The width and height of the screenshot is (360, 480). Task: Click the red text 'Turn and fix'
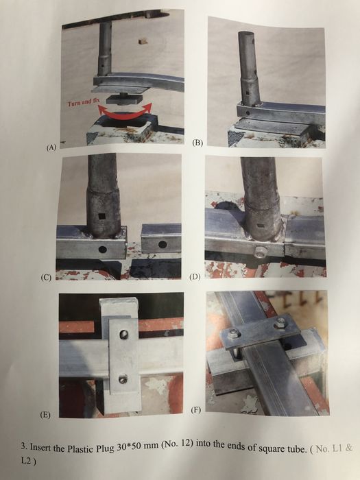click(84, 102)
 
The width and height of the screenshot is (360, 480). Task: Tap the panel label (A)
click(51, 147)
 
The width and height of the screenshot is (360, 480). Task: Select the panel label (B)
click(197, 143)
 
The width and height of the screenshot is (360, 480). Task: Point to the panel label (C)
click(46, 277)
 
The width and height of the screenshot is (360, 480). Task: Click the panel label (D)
click(195, 277)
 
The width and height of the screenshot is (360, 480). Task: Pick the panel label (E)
click(45, 415)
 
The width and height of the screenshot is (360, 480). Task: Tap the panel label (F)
click(195, 410)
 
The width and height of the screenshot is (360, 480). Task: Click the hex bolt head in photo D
click(260, 252)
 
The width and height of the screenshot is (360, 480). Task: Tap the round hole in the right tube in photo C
click(163, 244)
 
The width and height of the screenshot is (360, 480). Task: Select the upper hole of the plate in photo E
click(123, 334)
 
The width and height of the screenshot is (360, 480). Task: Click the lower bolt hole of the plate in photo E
click(123, 380)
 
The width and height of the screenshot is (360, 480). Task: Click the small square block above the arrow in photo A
click(142, 41)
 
